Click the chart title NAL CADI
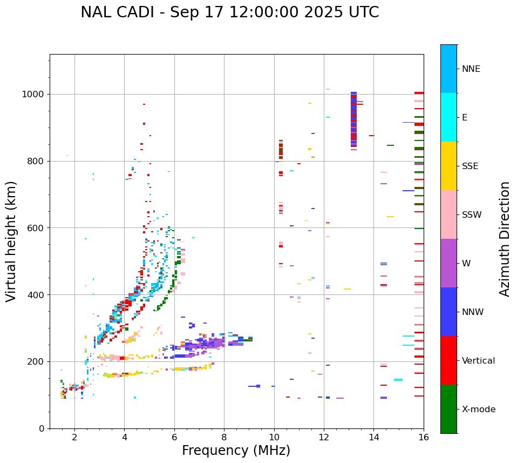point(229,12)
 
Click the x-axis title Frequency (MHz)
point(236,451)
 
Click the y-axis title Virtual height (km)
point(11,241)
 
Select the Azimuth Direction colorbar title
point(505,238)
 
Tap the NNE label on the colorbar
point(471,69)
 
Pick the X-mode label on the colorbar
point(478,410)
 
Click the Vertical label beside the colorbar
point(478,361)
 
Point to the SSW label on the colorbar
point(472,215)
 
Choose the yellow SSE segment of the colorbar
point(448,166)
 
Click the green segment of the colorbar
point(448,409)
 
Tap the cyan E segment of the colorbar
point(448,117)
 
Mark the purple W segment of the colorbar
point(448,263)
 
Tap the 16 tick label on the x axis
point(423,437)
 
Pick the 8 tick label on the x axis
point(224,437)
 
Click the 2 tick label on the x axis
point(74,437)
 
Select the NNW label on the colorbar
point(473,312)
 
